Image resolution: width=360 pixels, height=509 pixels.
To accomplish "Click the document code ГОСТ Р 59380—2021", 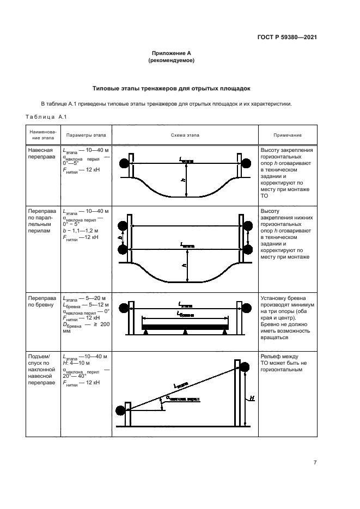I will point(286,37).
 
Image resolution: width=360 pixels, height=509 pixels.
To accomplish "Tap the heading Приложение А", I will point(172,53).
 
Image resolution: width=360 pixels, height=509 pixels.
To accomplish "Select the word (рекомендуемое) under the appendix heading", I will point(172,60).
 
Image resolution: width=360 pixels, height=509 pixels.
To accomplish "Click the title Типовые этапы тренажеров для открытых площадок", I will point(172,88).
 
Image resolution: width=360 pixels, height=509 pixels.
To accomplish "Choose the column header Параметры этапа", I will point(86,135).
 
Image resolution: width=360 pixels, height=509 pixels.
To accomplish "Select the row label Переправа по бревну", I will point(41,303).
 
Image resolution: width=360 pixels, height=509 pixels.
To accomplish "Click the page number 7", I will point(315,462).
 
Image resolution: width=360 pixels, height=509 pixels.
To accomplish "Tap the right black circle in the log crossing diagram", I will point(248,306).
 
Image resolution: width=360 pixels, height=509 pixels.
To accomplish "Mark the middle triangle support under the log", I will point(186,332).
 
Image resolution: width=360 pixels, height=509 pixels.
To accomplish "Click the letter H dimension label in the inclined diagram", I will point(252,399).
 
